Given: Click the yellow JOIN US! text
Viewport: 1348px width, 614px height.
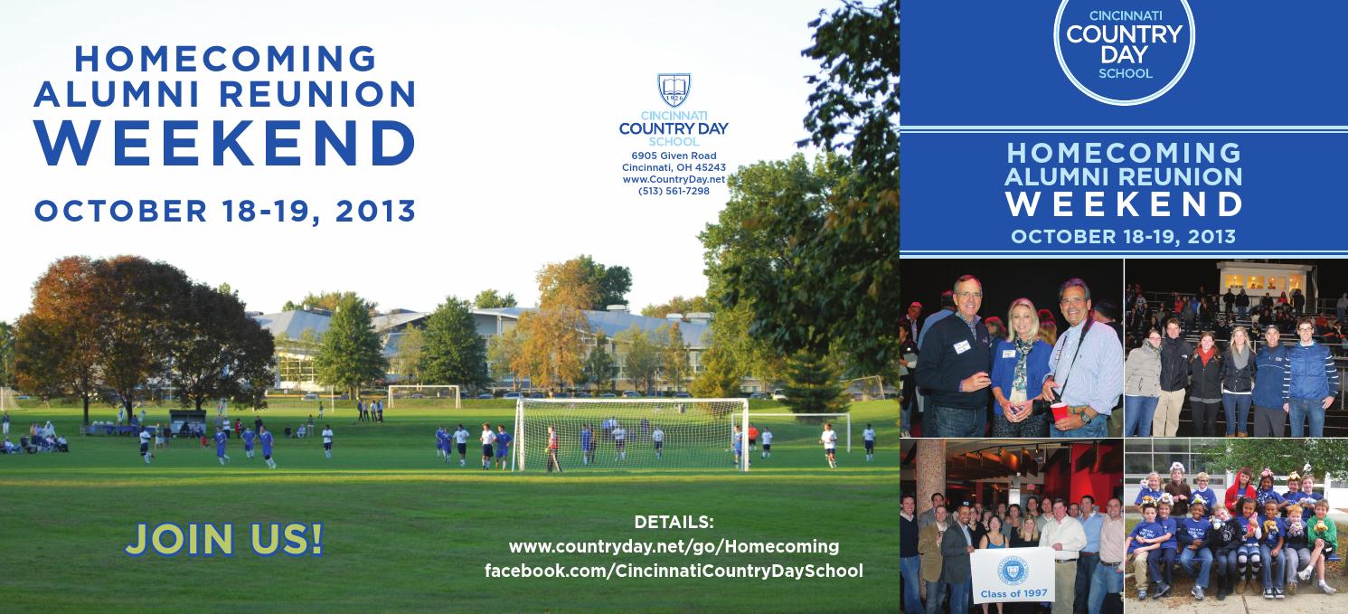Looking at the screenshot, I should click(x=223, y=539).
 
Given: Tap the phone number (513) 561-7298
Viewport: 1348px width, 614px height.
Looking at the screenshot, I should click(x=674, y=191).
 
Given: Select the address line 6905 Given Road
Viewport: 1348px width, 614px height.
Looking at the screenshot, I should click(x=674, y=156).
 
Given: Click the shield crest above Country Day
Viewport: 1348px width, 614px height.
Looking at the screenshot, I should click(x=674, y=90).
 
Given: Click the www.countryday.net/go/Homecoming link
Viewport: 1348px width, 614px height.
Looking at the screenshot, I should click(x=674, y=547).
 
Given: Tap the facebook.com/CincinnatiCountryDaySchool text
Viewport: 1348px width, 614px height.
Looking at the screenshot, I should click(x=674, y=571).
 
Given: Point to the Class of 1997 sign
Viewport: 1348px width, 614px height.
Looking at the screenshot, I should click(x=1012, y=575).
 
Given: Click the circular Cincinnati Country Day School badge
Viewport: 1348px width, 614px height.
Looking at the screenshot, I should click(x=1125, y=45).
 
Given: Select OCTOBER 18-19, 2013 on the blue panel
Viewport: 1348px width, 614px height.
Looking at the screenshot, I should click(x=1124, y=237).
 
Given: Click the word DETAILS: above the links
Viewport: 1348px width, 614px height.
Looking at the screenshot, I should click(x=674, y=522).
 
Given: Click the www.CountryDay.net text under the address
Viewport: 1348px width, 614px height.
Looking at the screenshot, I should click(x=674, y=179).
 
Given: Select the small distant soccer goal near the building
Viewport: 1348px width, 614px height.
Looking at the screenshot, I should click(x=424, y=396).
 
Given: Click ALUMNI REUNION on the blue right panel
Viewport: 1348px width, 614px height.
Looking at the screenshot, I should click(x=1124, y=176).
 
